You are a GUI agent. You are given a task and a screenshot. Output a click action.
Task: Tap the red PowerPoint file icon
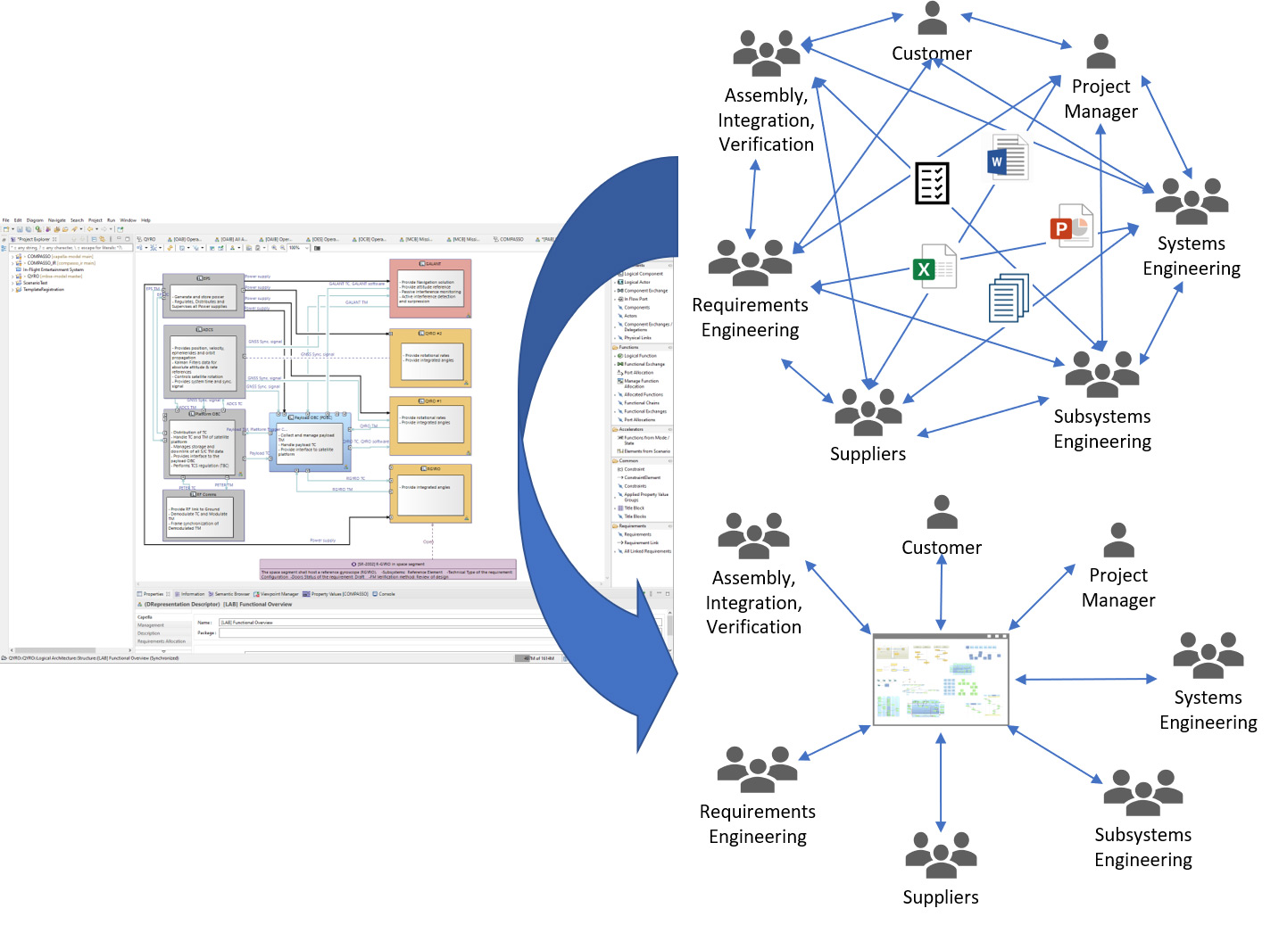(1071, 226)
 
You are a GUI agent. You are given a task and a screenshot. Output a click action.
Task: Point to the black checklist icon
(932, 183)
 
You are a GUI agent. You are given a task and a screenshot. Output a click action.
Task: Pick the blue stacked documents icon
(1009, 297)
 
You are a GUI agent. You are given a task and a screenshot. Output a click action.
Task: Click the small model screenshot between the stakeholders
(941, 679)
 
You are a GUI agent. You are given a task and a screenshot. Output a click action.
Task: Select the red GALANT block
(430, 288)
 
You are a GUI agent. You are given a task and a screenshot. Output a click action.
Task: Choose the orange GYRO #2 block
(430, 358)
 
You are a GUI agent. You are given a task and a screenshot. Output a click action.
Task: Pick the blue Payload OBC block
(310, 442)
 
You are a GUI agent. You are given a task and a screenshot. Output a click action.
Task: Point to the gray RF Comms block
(203, 515)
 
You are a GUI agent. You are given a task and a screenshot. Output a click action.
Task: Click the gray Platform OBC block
(203, 442)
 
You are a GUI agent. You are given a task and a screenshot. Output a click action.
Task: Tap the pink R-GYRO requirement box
(387, 570)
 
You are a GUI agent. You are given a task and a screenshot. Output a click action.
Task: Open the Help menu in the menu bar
(145, 220)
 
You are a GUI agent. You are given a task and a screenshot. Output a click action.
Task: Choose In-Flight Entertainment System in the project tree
(54, 269)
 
